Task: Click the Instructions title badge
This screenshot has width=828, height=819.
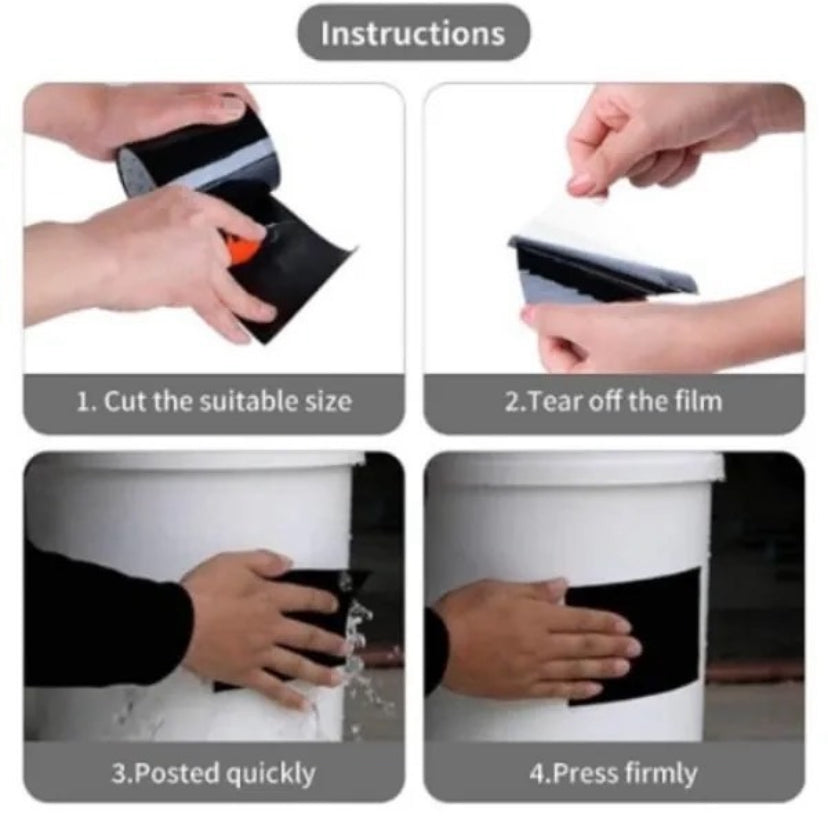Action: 413,33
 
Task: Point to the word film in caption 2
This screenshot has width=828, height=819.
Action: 699,401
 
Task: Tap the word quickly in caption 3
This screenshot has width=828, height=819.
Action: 271,775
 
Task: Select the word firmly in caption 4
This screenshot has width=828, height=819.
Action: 661,775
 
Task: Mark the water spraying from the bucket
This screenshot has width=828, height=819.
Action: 359,649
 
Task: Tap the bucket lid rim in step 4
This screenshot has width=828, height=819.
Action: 576,466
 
